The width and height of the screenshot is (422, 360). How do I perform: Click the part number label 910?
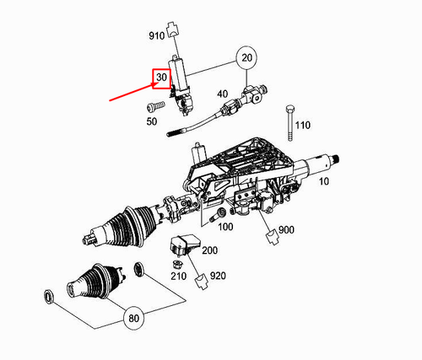click(x=157, y=36)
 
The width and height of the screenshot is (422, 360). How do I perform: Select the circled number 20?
click(x=246, y=58)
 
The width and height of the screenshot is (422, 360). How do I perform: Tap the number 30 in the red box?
click(x=161, y=78)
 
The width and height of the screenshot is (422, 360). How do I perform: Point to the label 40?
click(x=223, y=94)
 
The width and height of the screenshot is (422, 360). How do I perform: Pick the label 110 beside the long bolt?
click(x=303, y=125)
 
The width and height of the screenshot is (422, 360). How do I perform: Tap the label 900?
click(x=286, y=230)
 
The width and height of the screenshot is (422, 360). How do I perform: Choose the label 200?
click(x=208, y=251)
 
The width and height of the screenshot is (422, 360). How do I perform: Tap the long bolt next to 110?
click(x=289, y=121)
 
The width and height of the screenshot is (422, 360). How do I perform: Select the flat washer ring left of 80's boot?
click(x=49, y=296)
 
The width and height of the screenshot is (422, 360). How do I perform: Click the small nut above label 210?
click(x=179, y=263)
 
